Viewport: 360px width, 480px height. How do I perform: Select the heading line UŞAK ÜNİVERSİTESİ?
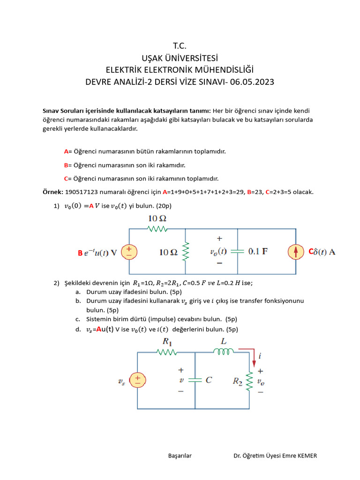[x=180, y=58]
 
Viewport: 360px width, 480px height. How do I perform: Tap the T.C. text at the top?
[x=180, y=45]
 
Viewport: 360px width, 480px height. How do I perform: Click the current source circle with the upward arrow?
[x=296, y=252]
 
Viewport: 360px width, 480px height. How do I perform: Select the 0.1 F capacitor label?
[x=258, y=251]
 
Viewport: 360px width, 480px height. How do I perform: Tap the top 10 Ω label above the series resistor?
[x=158, y=218]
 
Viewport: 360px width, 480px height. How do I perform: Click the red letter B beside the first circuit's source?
[x=80, y=253]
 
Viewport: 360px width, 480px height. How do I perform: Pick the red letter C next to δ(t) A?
[x=310, y=252]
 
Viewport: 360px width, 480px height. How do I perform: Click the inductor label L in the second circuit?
[x=224, y=342]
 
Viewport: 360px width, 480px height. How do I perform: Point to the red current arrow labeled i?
[x=254, y=359]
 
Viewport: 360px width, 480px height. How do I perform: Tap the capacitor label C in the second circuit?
[x=209, y=380]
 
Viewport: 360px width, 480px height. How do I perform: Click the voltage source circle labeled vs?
[x=137, y=380]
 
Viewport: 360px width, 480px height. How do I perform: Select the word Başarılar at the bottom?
[x=180, y=456]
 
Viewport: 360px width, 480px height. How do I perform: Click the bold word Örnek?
[x=52, y=192]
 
